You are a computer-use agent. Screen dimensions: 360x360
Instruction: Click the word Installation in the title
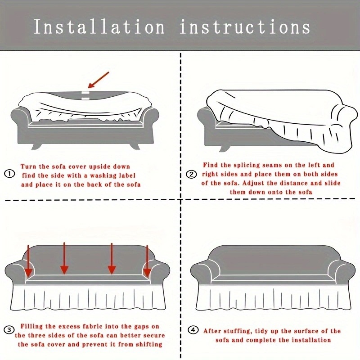(x=99, y=27)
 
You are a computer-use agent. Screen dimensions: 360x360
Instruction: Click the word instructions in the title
(x=245, y=27)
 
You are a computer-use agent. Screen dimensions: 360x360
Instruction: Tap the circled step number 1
(x=9, y=174)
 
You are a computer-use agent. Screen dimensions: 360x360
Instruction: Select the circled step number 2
(x=191, y=175)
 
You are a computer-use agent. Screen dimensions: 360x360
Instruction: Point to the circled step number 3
(x=9, y=330)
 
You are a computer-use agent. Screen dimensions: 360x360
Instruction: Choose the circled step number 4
(x=193, y=330)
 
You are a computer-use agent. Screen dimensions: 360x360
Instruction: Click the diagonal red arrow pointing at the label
(x=99, y=80)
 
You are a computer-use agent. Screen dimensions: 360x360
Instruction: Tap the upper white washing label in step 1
(x=85, y=93)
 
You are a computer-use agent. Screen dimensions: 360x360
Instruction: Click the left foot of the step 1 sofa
(x=36, y=146)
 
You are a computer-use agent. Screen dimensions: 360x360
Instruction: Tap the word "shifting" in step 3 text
(x=149, y=345)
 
